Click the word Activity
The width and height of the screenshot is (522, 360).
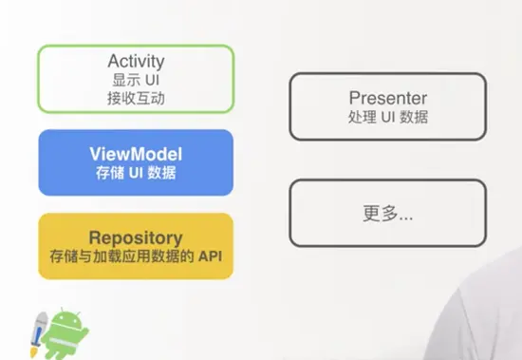[136, 61]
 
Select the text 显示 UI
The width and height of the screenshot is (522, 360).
[136, 79]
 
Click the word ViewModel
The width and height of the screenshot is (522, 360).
[136, 154]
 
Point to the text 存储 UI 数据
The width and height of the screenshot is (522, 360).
[136, 173]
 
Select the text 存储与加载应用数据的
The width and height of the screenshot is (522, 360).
[122, 256]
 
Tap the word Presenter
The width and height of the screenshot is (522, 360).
[387, 98]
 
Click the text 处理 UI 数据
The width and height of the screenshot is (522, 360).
[387, 118]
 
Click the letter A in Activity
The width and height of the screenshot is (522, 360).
[112, 61]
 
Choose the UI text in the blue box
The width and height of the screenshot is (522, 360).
[135, 173]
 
